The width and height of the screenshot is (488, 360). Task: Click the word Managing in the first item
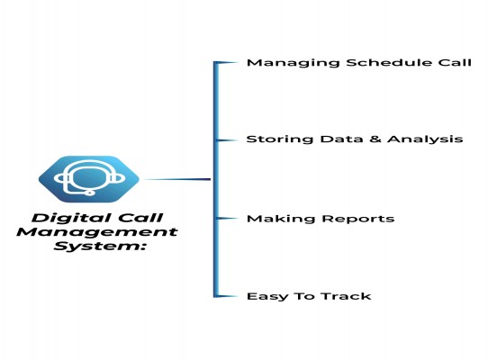coord(293,63)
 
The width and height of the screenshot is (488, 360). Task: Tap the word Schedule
coord(389,62)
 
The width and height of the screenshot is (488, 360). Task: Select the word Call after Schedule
coord(455,62)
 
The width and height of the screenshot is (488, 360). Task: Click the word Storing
coord(280,139)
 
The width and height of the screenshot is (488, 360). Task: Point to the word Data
coord(341,139)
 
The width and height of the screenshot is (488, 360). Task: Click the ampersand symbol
coord(375,139)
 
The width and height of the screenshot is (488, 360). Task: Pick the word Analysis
coord(425,139)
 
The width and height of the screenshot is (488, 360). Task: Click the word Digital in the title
coord(63,218)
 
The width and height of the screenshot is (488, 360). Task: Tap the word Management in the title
coord(97,232)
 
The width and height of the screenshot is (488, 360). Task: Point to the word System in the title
coord(100,246)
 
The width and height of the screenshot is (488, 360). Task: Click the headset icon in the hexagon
coord(89,178)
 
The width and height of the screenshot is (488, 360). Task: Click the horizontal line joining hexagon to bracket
coord(176,179)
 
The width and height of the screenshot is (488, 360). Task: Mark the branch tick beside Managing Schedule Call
coord(227,63)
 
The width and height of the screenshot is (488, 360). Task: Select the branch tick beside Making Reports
coord(227,219)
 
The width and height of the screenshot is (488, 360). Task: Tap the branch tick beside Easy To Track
coord(227,296)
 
